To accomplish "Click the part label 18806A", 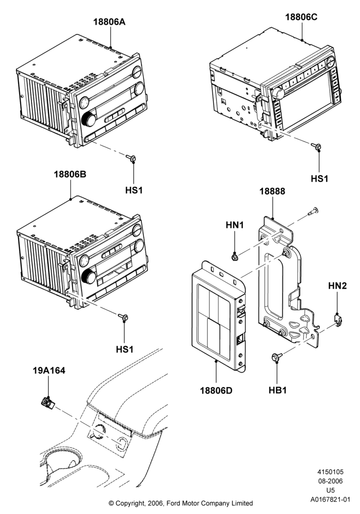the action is pyautogui.click(x=109, y=22).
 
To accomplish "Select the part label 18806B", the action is pyautogui.click(x=70, y=174).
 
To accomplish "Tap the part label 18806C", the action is pyautogui.click(x=301, y=17).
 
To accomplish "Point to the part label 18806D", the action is pyautogui.click(x=216, y=391).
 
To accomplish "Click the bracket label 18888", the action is pyautogui.click(x=273, y=191).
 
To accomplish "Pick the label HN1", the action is pyautogui.click(x=235, y=225).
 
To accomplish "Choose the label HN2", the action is pyautogui.click(x=337, y=286).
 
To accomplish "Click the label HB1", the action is pyautogui.click(x=277, y=390).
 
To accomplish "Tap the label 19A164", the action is pyautogui.click(x=49, y=371).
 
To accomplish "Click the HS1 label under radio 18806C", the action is pyautogui.click(x=319, y=179).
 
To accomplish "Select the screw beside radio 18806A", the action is pyautogui.click(x=131, y=159).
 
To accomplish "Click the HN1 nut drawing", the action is pyautogui.click(x=235, y=258).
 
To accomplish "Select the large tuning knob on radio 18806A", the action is pyautogui.click(x=89, y=119).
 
